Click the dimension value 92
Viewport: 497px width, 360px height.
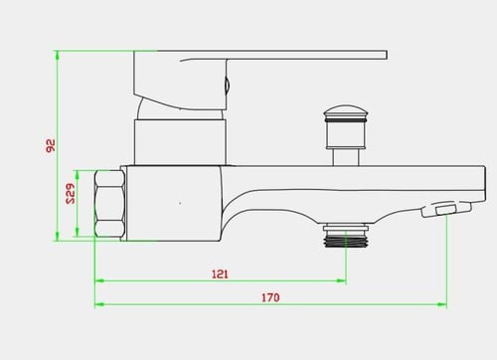[51, 145]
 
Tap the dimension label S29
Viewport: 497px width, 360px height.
[71, 194]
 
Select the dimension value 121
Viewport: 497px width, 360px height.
[220, 274]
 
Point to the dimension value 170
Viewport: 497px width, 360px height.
[270, 297]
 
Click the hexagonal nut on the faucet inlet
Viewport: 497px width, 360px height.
[109, 204]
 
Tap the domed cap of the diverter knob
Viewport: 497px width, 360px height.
[346, 110]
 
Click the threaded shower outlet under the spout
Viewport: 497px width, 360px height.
[346, 236]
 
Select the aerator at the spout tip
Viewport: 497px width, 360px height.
[446, 209]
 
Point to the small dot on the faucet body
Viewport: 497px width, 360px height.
[180, 203]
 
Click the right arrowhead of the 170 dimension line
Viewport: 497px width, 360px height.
[442, 304]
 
